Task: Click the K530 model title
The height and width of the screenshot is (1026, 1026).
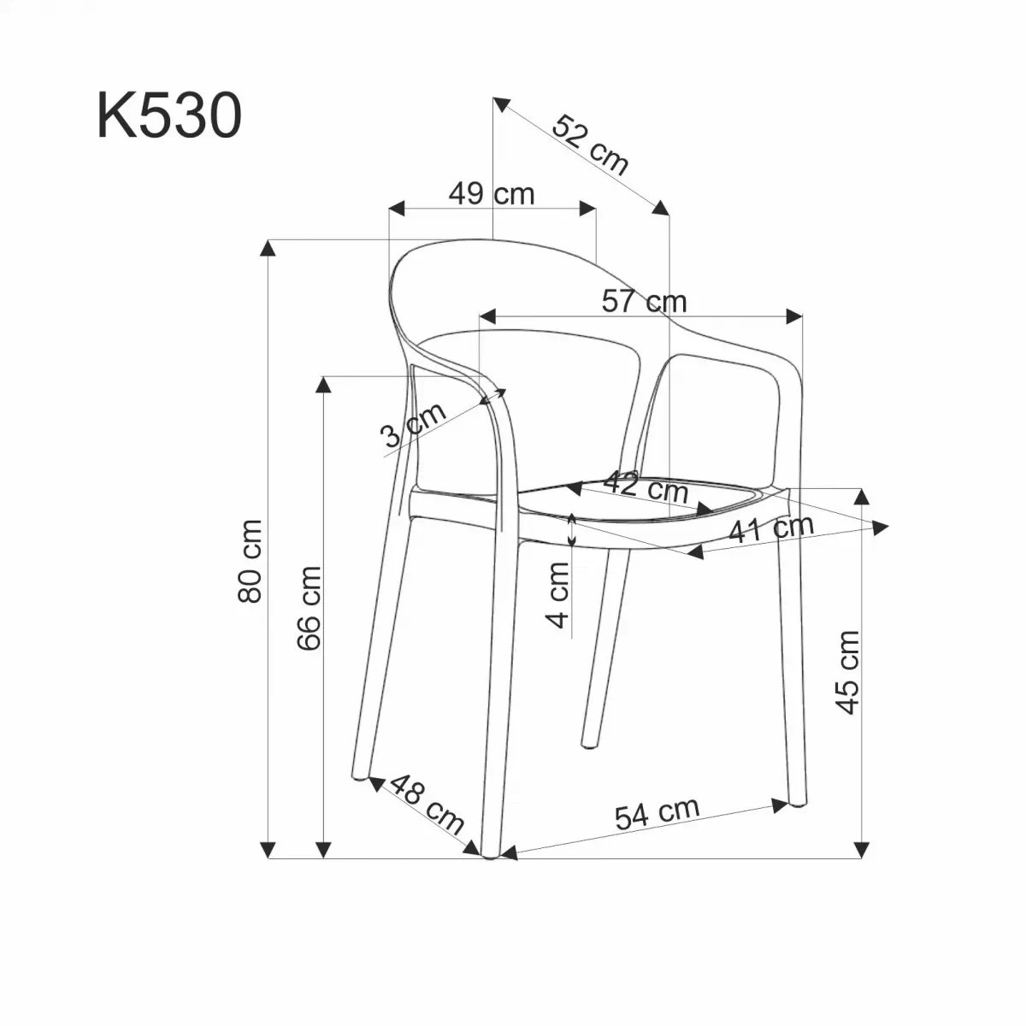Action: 169,115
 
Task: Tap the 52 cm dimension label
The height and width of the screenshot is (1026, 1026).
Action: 591,152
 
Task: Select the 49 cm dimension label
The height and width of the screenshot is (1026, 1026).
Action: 491,194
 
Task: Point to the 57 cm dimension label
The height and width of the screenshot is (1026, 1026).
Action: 645,301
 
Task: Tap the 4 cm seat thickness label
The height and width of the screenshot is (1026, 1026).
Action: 557,595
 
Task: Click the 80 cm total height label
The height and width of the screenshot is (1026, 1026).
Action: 249,561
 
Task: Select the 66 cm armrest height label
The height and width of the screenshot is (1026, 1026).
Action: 309,608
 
